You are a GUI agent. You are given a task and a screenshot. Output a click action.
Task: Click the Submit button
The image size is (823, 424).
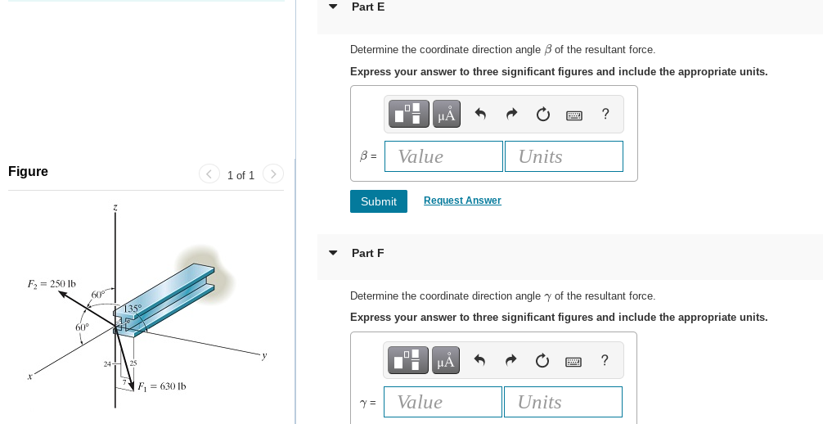point(378,201)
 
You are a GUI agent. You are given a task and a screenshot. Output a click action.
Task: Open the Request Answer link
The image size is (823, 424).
point(462,201)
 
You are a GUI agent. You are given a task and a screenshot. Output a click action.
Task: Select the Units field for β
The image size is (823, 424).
point(564,156)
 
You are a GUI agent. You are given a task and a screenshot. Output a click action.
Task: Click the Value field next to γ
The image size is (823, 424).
point(443,402)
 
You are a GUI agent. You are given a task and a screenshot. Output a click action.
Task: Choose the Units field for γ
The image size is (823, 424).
point(563,402)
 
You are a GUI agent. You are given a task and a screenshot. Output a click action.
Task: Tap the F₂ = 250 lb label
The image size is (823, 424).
point(52,284)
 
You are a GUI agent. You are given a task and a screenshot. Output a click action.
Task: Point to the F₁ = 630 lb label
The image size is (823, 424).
point(161,386)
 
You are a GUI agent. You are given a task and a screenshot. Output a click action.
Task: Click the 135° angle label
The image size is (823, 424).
point(133,309)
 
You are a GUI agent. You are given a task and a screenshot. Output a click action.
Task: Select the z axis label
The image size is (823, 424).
point(115,210)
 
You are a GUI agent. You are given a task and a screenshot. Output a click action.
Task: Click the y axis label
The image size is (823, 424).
point(263,355)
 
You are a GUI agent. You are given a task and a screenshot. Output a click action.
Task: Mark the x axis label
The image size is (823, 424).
point(29,377)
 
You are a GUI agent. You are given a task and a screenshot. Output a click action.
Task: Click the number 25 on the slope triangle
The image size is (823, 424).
point(133,363)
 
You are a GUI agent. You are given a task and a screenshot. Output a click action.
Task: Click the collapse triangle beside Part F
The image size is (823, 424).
point(333,253)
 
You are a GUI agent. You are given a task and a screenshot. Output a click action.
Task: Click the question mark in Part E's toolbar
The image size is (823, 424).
point(605,114)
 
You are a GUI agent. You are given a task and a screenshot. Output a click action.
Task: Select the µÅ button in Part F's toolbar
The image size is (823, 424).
point(446,360)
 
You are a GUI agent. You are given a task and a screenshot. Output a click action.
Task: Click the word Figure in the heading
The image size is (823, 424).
point(28,171)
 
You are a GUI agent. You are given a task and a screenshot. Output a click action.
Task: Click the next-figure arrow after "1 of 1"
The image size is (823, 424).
point(273,174)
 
